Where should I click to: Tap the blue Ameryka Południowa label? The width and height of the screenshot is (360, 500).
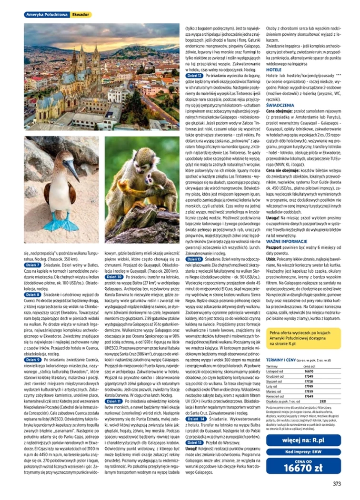47,15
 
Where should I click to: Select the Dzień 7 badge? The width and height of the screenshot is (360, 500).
32,265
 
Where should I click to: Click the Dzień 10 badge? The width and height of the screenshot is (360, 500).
114,276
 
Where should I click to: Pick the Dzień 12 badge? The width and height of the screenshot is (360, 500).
194,75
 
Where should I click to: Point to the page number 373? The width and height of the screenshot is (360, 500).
337,485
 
